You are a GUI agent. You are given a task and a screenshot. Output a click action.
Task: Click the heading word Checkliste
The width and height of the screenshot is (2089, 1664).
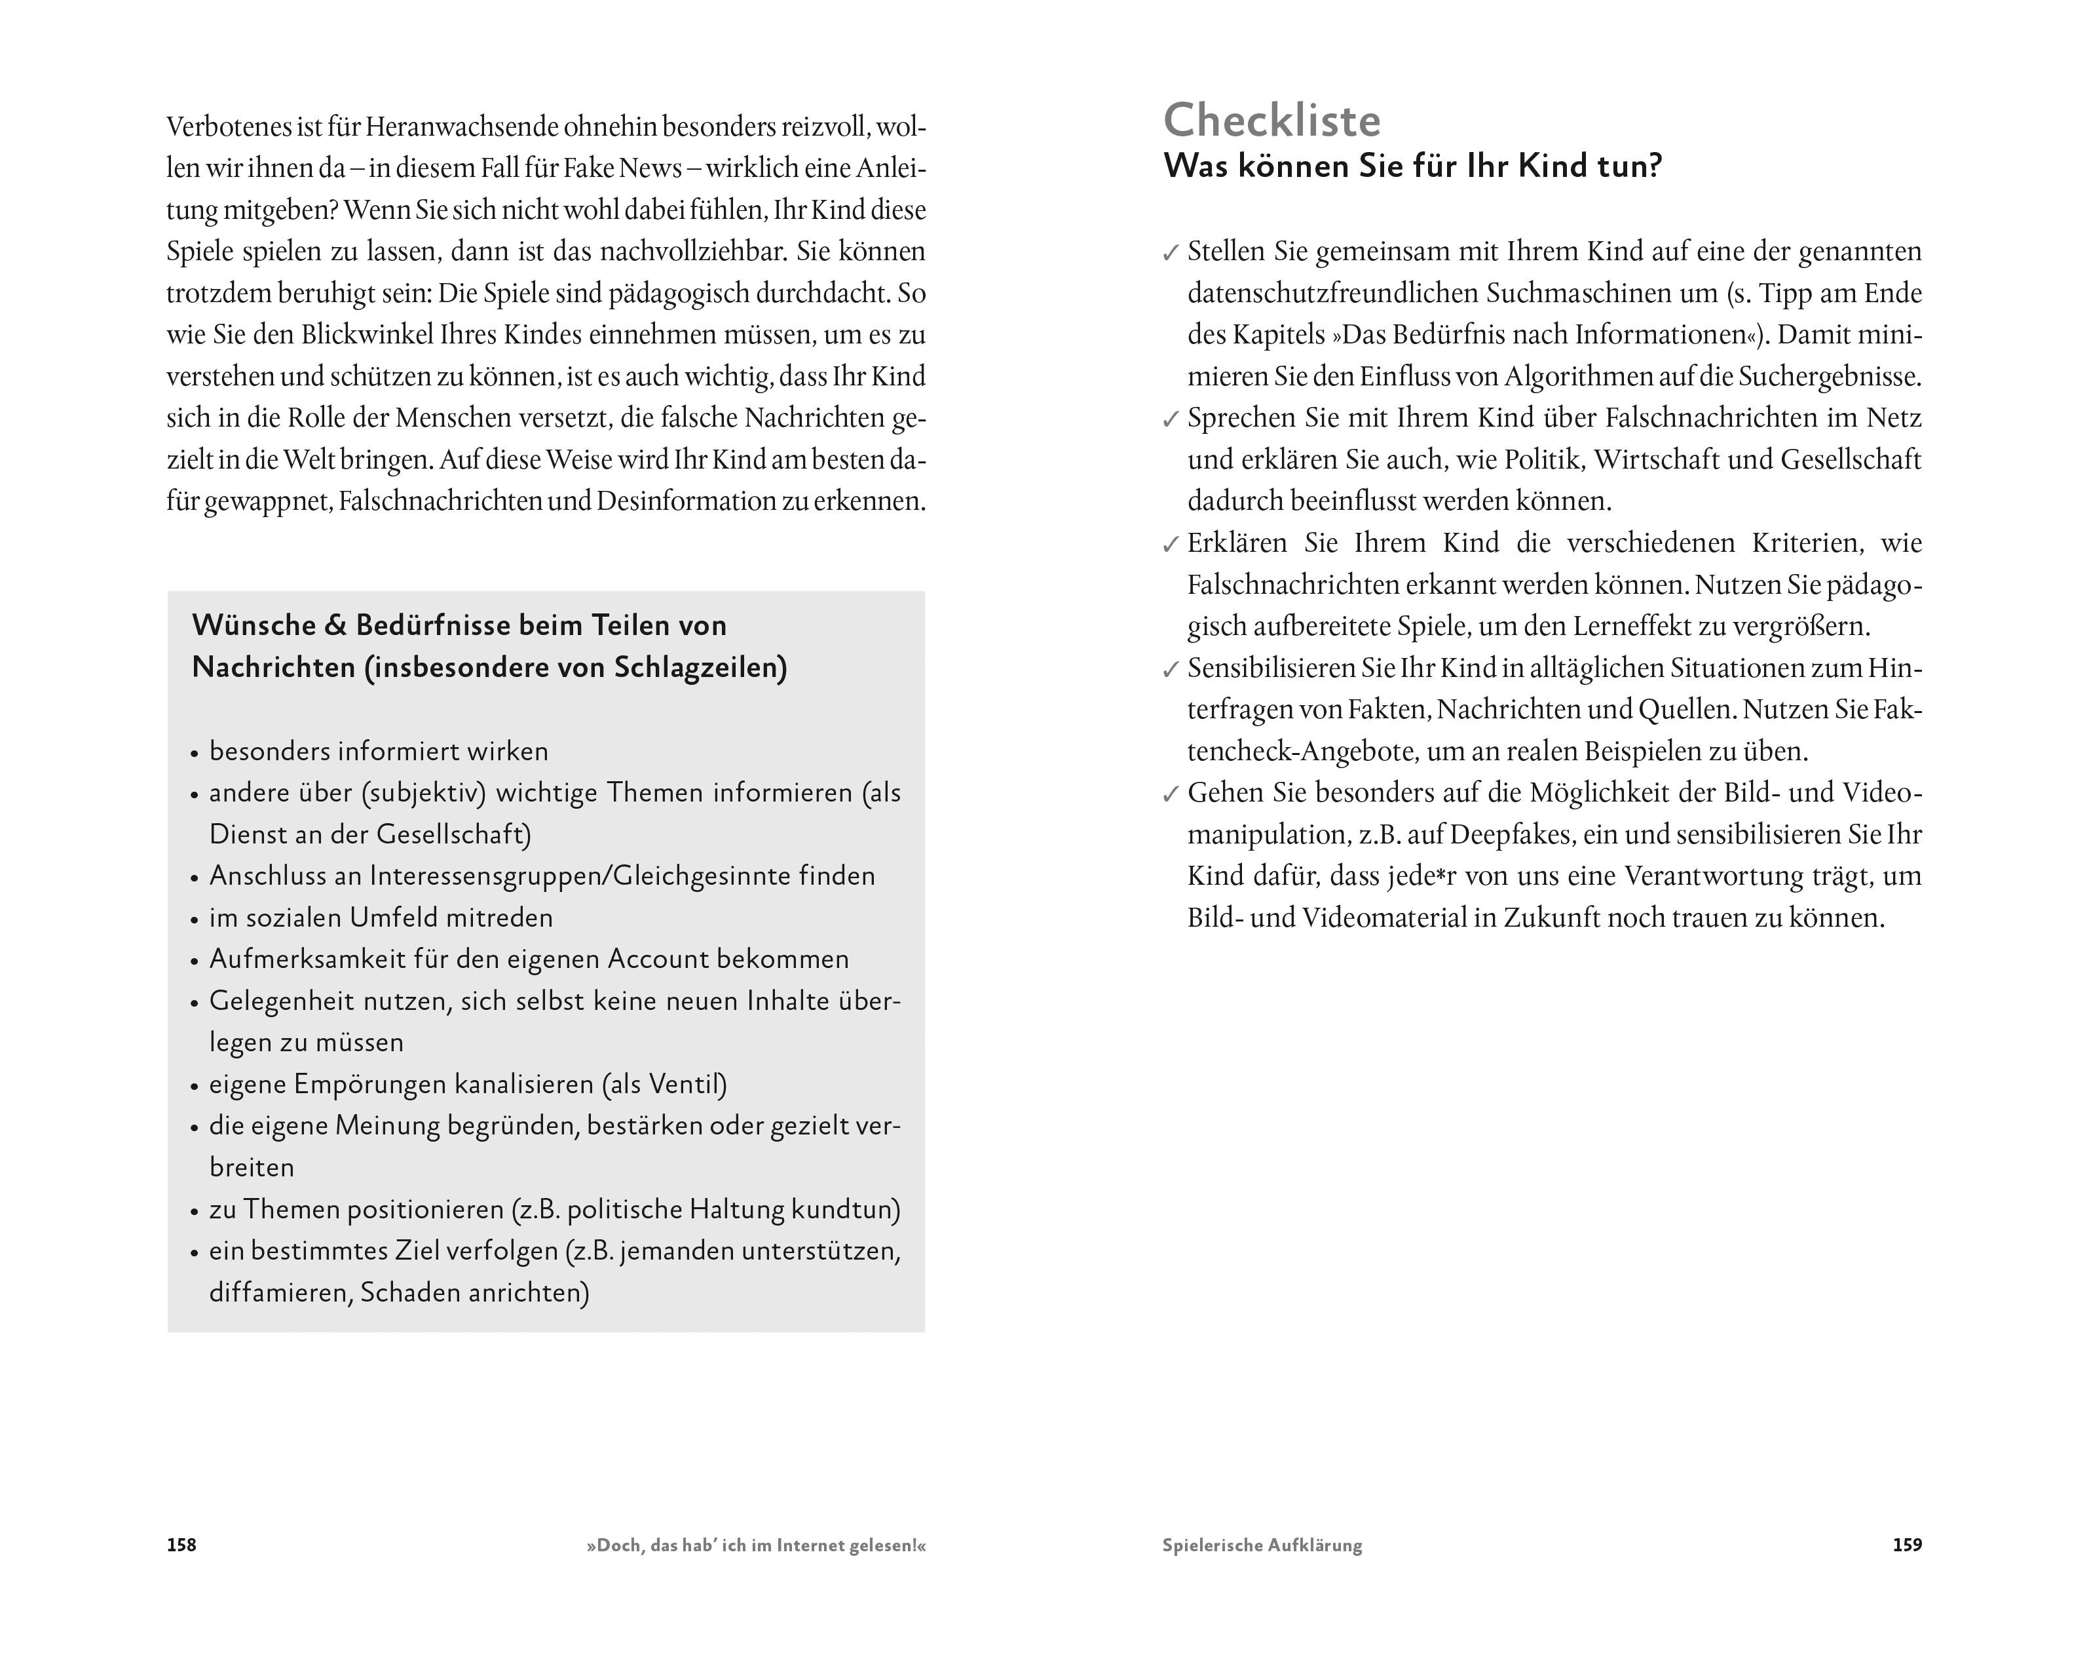1271,121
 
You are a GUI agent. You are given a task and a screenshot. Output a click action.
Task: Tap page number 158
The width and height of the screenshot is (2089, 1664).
181,1545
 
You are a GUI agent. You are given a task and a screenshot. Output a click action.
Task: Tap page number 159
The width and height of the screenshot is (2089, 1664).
1907,1545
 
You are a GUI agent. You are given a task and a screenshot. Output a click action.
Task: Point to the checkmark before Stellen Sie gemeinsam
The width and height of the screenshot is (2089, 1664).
1171,254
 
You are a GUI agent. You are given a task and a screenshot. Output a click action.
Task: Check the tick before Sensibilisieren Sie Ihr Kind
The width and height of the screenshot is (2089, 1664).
1171,670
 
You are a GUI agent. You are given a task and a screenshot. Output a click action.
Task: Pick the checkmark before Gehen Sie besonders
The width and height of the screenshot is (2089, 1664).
1171,796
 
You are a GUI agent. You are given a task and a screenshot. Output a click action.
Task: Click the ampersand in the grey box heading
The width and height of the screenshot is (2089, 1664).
335,625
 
